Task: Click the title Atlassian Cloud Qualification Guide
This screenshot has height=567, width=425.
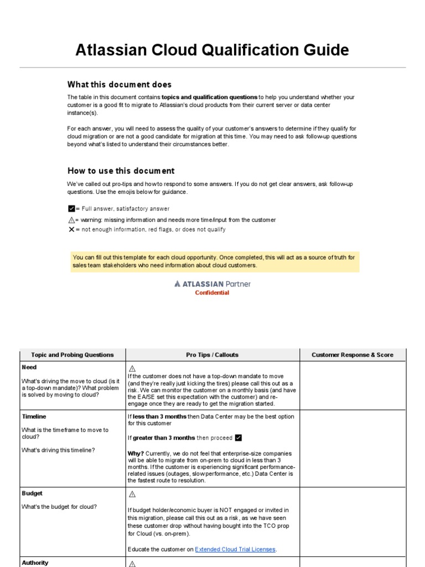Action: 212,50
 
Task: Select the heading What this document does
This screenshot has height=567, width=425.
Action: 120,85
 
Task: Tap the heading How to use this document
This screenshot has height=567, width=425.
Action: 121,171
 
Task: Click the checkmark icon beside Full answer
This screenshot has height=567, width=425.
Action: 71,209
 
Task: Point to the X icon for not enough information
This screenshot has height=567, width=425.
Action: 71,229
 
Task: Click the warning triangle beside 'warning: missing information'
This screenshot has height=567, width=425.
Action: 71,220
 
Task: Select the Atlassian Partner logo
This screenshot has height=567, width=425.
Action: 212,283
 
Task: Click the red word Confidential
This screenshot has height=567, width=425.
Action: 212,293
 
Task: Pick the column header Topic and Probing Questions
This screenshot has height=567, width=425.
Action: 72,355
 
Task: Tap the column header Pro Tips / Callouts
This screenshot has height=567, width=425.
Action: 212,355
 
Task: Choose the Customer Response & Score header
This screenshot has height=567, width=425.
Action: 353,355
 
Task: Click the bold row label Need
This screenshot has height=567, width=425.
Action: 29,367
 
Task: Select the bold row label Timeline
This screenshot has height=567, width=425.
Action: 34,416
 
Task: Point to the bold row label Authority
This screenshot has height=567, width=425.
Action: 35,563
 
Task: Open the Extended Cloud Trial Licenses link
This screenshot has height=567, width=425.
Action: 235,549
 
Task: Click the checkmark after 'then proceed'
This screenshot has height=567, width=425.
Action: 239,438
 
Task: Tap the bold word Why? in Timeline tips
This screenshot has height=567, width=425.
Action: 136,453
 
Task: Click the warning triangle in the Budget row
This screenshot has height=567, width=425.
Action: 132,494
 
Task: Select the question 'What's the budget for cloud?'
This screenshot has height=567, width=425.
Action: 59,507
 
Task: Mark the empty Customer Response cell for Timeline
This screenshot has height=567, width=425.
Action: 353,449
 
